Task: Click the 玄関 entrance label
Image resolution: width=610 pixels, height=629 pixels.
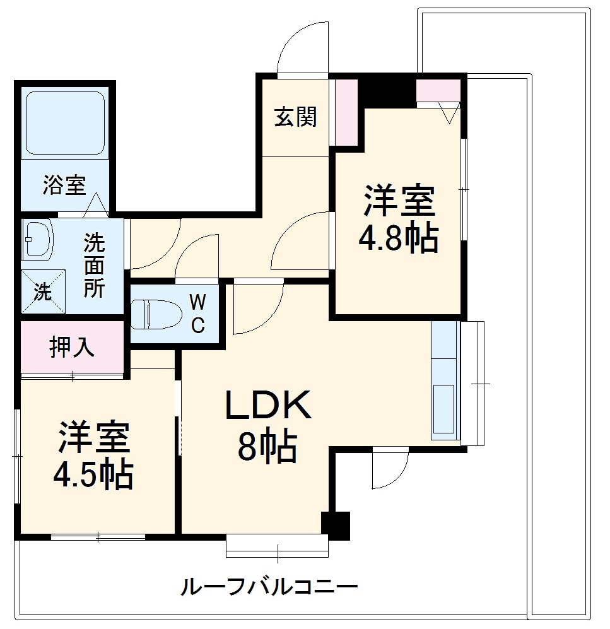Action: click(295, 117)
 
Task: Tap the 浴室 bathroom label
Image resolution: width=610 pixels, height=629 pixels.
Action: click(64, 186)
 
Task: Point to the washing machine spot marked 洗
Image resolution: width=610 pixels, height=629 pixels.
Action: click(43, 291)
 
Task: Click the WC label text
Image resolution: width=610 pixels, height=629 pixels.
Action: click(197, 314)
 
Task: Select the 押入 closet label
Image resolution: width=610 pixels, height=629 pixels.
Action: click(72, 348)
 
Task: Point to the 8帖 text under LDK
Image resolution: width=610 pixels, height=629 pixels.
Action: click(266, 448)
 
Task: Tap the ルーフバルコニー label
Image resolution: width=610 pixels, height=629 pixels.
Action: click(269, 588)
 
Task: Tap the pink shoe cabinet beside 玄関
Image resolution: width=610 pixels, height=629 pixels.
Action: click(345, 112)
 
